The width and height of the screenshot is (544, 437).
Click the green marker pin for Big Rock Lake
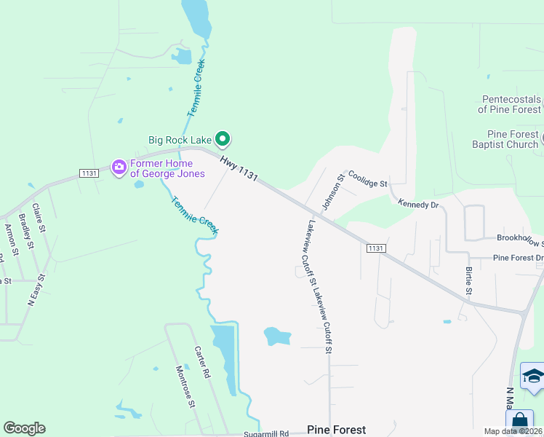224,138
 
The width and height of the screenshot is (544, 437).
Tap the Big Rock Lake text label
180,140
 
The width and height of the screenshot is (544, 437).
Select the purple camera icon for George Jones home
119,168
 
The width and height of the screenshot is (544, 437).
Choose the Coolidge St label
368,180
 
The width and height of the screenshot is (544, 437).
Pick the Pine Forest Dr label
518,258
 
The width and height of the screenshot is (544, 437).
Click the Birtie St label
468,281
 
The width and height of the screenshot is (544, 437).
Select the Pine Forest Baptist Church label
513,139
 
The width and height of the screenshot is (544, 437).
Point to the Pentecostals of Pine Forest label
511,104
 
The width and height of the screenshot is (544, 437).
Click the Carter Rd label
201,361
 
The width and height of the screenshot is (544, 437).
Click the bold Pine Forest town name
336,430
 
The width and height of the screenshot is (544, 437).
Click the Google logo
24,428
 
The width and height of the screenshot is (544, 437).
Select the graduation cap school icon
533,377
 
